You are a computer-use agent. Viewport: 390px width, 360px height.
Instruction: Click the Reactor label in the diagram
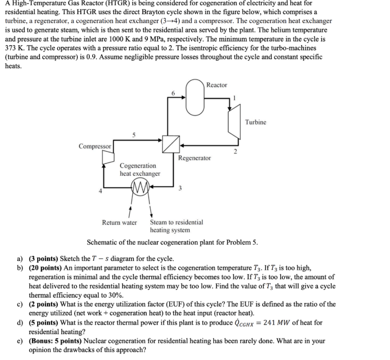pyautogui.click(x=216, y=85)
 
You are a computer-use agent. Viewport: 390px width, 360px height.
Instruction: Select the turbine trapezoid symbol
pyautogui.click(x=233, y=122)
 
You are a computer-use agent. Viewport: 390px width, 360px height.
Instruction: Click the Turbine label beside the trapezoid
pyautogui.click(x=256, y=122)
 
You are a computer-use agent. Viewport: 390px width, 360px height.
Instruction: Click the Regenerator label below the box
pyautogui.click(x=194, y=158)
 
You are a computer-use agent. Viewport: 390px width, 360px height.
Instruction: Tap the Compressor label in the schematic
pyautogui.click(x=95, y=146)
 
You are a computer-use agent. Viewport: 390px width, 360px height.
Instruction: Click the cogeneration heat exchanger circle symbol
pyautogui.click(x=140, y=188)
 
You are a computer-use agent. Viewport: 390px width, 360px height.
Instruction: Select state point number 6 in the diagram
pyautogui.click(x=173, y=93)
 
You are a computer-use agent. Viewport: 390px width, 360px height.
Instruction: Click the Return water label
pyautogui.click(x=119, y=222)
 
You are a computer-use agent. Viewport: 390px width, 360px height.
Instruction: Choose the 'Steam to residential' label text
pyautogui.click(x=176, y=222)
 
